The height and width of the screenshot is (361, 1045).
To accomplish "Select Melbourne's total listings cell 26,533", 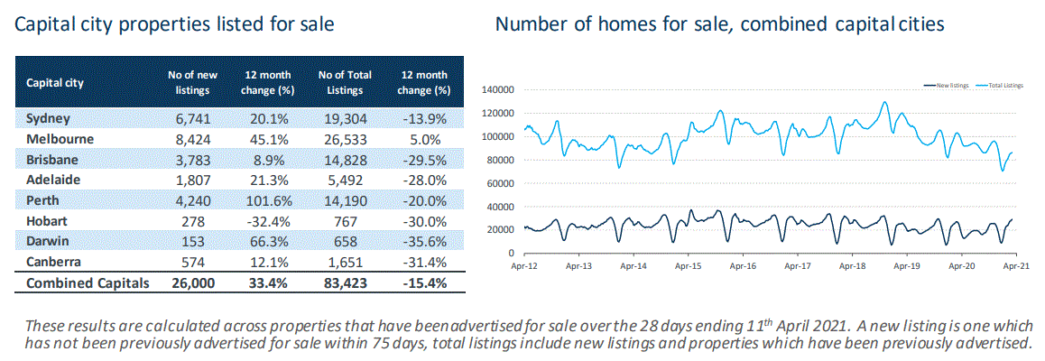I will (346, 140).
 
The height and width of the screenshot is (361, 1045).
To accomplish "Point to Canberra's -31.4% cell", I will (423, 264).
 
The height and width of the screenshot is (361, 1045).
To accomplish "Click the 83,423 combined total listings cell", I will (346, 283).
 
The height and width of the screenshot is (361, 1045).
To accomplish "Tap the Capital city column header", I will (55, 83).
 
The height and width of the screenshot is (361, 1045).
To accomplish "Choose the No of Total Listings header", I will (346, 83).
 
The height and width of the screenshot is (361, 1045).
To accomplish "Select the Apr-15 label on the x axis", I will (688, 267).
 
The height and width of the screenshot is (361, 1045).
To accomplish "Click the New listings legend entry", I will (946, 85).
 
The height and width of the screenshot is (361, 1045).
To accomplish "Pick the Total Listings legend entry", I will (1001, 85).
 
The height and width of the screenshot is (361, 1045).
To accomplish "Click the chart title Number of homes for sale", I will (719, 25).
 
